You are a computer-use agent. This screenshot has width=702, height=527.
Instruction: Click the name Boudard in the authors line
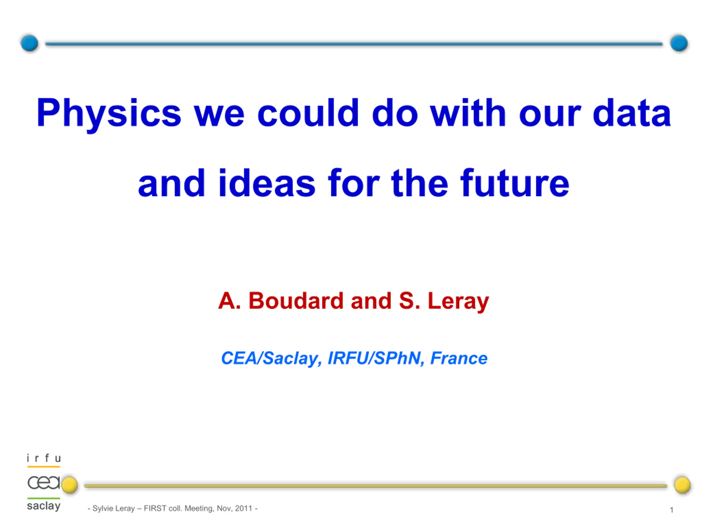click(296, 301)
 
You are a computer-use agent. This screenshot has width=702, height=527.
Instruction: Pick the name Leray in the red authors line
click(458, 302)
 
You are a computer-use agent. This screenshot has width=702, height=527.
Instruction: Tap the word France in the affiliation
click(458, 358)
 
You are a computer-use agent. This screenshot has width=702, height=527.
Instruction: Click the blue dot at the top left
click(30, 43)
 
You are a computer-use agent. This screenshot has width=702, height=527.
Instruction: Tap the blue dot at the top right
click(679, 43)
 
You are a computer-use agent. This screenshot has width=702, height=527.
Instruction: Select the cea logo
click(44, 483)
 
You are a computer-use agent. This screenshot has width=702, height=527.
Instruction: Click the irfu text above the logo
click(44, 458)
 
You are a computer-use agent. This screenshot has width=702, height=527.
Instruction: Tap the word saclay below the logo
click(44, 506)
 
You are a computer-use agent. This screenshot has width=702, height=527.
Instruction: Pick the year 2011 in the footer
click(244, 508)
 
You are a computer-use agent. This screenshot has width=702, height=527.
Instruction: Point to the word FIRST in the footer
click(155, 508)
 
